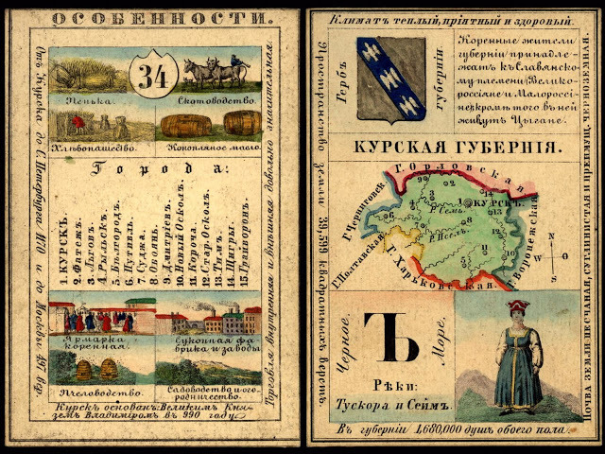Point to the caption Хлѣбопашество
pyautogui.click(x=95, y=148)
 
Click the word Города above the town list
pyautogui.click(x=156, y=170)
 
